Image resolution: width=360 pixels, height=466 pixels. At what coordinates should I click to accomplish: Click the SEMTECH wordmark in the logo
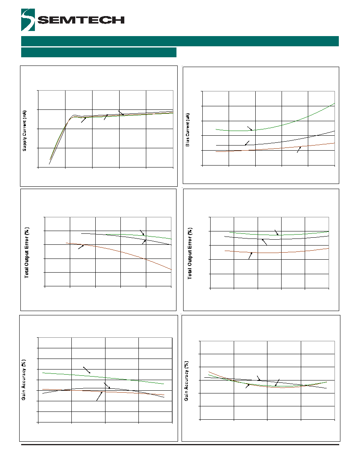point(81,20)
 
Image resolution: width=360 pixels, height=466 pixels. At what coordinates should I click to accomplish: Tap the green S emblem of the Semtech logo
point(28,20)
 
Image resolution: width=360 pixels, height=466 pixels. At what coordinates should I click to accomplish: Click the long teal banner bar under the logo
point(180,41)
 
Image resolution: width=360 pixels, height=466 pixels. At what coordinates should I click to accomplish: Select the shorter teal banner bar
point(98,52)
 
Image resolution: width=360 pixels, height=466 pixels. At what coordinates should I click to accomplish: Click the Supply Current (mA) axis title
point(25,131)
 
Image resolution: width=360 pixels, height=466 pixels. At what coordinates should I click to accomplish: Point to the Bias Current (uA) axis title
point(187,130)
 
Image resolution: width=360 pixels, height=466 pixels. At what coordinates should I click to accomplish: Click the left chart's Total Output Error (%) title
point(27,253)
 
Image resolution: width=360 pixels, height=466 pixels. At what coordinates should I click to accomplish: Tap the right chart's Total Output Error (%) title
point(190,253)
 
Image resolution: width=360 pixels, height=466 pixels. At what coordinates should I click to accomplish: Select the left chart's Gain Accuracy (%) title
point(24,380)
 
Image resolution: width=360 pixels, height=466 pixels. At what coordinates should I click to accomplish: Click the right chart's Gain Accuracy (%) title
point(186,381)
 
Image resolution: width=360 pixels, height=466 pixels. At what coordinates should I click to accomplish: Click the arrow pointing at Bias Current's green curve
point(250,128)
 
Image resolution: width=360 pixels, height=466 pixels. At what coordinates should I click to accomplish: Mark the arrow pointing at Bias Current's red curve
point(299,149)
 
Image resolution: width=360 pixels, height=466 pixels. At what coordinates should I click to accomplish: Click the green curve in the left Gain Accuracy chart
point(104,378)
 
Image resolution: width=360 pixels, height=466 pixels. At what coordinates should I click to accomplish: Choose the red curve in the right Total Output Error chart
point(276,252)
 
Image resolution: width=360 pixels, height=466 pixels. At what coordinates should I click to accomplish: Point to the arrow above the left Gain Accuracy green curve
point(87,370)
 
